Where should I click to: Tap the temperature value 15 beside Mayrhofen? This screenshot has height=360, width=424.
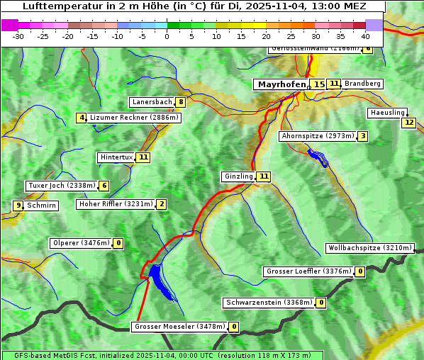pos(319,84)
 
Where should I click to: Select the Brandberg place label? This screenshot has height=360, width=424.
pos(362,84)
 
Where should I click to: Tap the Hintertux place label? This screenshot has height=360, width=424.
pos(117,157)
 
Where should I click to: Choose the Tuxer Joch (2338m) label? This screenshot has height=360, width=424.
pos(61,186)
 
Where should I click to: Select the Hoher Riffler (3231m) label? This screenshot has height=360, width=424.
pos(116,204)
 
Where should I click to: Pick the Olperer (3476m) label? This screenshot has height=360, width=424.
pos(82,243)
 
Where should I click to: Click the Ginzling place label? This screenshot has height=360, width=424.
pos(238,176)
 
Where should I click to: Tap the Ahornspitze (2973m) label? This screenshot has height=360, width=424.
pos(318,136)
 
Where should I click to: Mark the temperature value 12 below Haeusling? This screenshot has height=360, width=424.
pos(408,123)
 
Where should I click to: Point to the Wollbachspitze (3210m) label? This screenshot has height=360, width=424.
pos(369,248)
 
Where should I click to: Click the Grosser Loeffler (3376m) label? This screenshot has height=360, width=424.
pos(308,271)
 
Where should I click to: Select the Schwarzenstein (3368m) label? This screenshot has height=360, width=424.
pos(269,303)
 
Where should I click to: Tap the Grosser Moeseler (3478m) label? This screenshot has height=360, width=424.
pos(179,327)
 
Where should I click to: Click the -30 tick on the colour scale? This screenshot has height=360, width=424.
pos(18,35)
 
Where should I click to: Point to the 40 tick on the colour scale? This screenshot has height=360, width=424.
pos(365,35)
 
